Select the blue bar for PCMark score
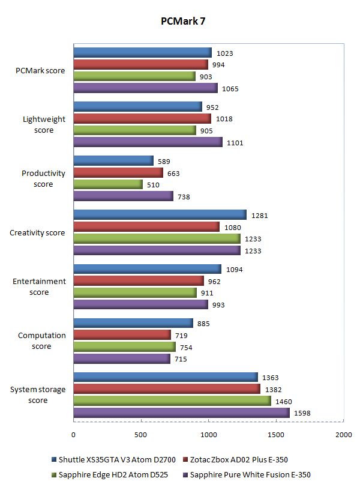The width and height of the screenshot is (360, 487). coord(142,53)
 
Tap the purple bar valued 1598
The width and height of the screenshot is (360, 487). coord(181,413)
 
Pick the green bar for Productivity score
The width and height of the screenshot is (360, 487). coord(108,184)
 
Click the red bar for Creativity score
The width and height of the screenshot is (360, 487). coord(146,226)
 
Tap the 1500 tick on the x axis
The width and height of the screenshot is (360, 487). coord(276,434)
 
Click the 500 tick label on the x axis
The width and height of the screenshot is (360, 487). coord(141,434)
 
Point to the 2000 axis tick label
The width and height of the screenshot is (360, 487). coord(343,434)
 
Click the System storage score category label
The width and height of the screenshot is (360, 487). coord(38,395)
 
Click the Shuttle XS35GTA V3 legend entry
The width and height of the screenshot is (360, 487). coord(115,460)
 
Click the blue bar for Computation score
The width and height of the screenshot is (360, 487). coord(133,323)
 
